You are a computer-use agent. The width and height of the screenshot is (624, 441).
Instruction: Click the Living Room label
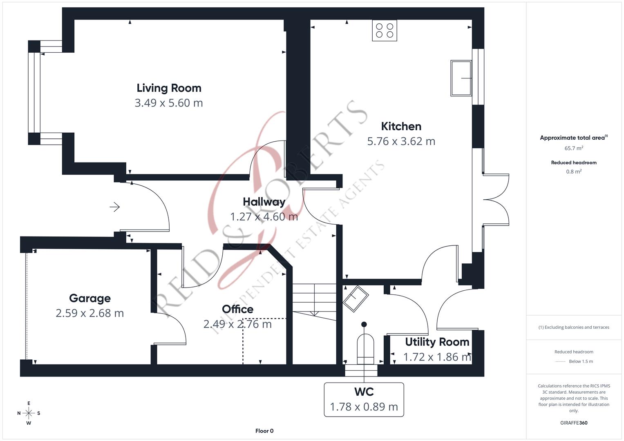pos(169,88)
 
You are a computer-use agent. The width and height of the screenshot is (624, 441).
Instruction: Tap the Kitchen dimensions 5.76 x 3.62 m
pos(401,141)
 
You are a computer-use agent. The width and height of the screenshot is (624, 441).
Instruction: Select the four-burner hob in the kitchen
pos(385,31)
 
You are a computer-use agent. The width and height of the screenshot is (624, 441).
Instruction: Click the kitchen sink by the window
pos(461,78)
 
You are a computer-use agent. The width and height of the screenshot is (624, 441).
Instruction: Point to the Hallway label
pos(264,202)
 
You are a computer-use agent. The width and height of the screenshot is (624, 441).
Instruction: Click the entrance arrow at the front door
pos(114,207)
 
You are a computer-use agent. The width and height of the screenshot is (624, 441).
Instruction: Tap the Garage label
pos(89,298)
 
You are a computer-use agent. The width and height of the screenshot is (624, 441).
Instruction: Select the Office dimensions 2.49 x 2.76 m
pos(237,324)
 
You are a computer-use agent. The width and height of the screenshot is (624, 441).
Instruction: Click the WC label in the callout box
pos(364,392)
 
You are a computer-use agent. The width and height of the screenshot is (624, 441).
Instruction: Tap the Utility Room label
pos(437,342)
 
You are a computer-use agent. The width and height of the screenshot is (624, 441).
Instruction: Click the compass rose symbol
pos(29,413)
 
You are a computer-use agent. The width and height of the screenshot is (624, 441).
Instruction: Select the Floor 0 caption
pos(264,431)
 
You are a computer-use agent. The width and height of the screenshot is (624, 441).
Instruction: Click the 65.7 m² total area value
pos(573,148)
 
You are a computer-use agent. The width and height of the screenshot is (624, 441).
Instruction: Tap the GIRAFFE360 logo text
pos(573,423)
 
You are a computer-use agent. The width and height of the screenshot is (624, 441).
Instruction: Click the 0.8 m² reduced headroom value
pos(573,171)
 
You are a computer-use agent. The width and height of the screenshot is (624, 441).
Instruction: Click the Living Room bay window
pos(34,93)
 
